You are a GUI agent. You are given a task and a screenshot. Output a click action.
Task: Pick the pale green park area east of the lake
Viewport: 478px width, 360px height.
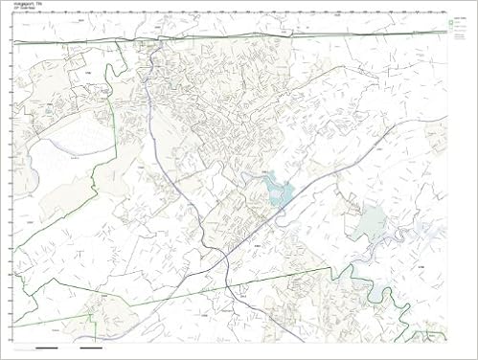pyautogui.click(x=368, y=222)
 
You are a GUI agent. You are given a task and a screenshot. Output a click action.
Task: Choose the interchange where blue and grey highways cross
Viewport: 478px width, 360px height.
pyautogui.click(x=222, y=259)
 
